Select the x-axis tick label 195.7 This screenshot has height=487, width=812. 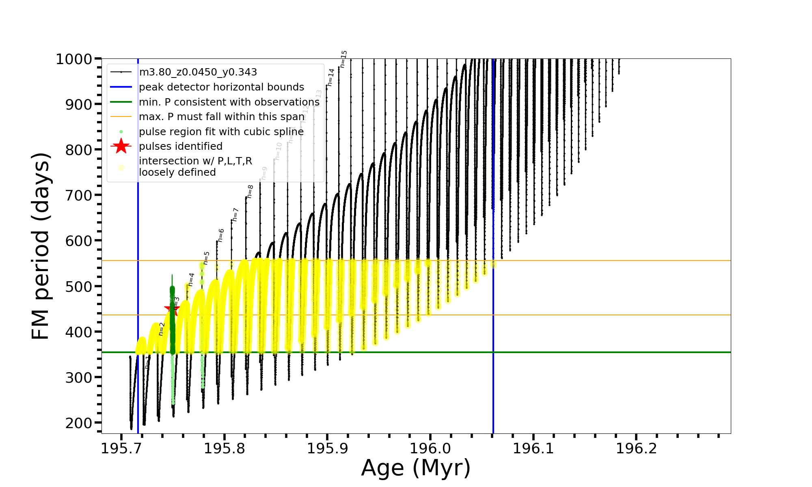(121, 449)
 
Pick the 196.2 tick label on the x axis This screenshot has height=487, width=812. (636, 449)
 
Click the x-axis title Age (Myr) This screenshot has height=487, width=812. (416, 468)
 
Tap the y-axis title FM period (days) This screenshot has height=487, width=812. (41, 246)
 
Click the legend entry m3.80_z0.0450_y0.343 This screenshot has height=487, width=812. (198, 72)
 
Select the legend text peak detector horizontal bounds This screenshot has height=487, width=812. (221, 87)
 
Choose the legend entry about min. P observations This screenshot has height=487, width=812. (229, 102)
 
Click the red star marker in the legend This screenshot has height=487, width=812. (121, 146)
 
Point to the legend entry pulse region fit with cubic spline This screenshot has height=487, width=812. (221, 131)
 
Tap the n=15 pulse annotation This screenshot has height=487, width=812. (343, 59)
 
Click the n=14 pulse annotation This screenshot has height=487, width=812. (331, 77)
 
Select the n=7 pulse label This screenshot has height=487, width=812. (235, 214)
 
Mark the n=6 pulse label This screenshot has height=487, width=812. (221, 235)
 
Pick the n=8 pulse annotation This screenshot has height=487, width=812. (250, 191)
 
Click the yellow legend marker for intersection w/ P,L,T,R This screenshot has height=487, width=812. (121, 167)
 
